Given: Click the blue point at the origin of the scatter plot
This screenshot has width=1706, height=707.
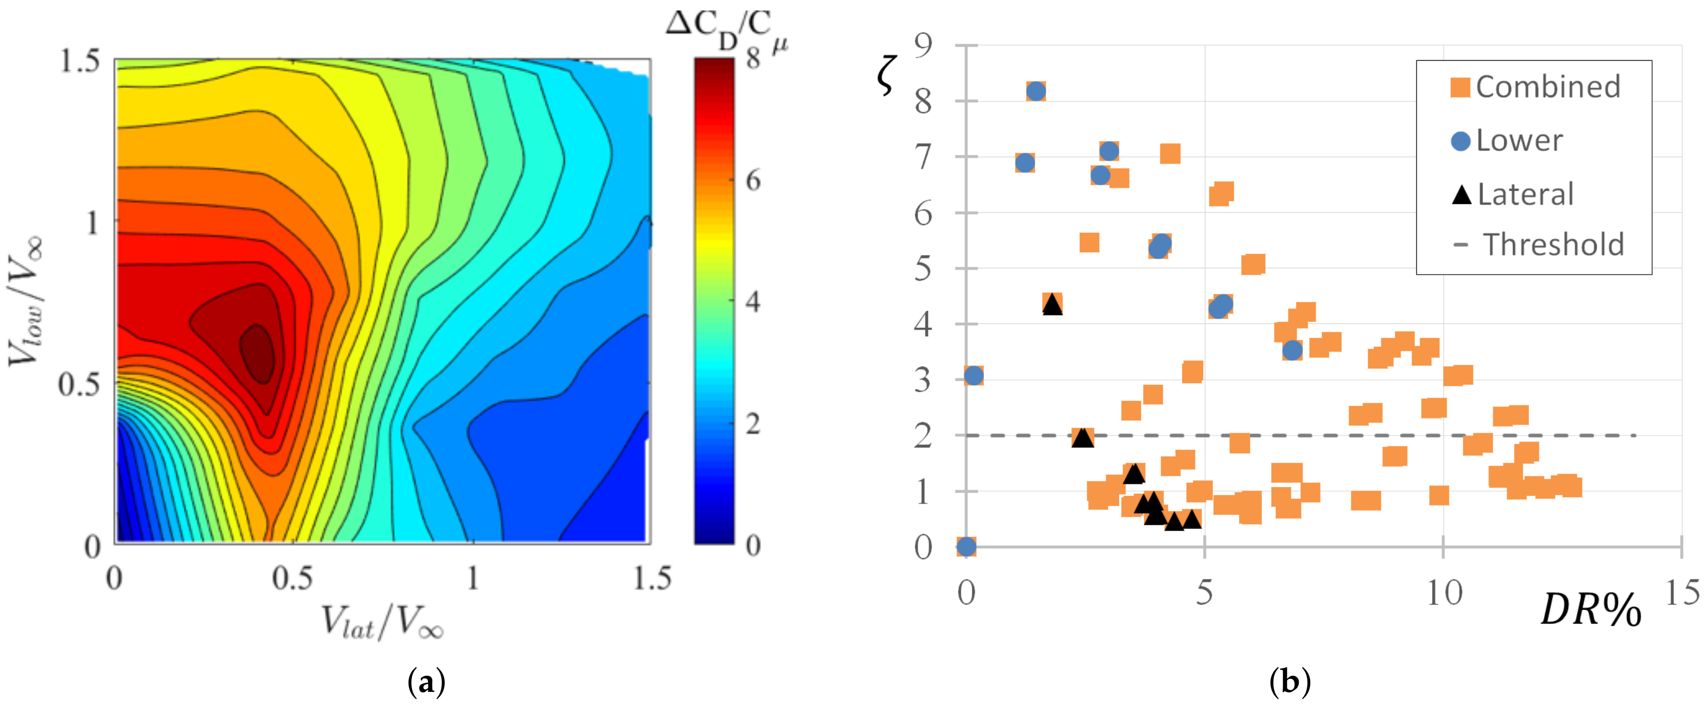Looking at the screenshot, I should tap(966, 547).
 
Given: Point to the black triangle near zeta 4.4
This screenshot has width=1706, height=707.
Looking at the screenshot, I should tap(1052, 305).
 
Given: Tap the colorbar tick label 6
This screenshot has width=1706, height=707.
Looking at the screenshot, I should tap(753, 180).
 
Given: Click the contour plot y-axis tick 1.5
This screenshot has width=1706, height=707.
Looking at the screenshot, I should tap(80, 61).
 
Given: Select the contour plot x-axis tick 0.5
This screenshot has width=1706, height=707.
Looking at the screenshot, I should tap(292, 578).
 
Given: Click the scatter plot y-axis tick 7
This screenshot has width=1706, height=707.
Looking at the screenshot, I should tap(923, 158).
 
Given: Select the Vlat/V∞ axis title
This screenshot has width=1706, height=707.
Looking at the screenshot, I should tap(382, 623).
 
